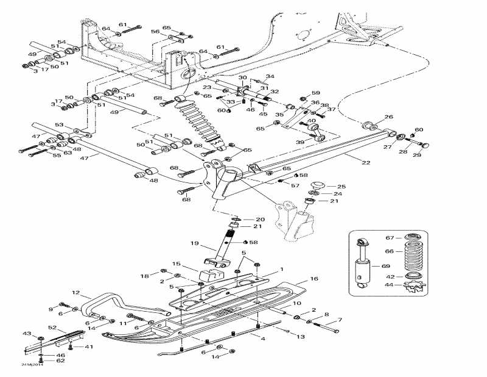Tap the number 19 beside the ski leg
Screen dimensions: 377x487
pos(195,244)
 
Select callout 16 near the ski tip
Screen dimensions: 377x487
pos(314,279)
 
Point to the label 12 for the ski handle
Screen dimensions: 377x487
pos(76,293)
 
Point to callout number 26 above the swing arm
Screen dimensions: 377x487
pos(389,117)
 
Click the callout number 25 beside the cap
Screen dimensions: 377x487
pos(341,187)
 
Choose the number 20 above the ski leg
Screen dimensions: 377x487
pos(260,220)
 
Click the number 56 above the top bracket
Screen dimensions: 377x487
pos(155,31)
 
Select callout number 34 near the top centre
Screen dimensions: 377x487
pos(270,76)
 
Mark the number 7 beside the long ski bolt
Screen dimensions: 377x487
pos(339,320)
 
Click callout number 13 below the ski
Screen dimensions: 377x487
pos(301,337)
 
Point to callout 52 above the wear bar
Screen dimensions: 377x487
pos(53,328)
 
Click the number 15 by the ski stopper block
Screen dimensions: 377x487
pos(176,264)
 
